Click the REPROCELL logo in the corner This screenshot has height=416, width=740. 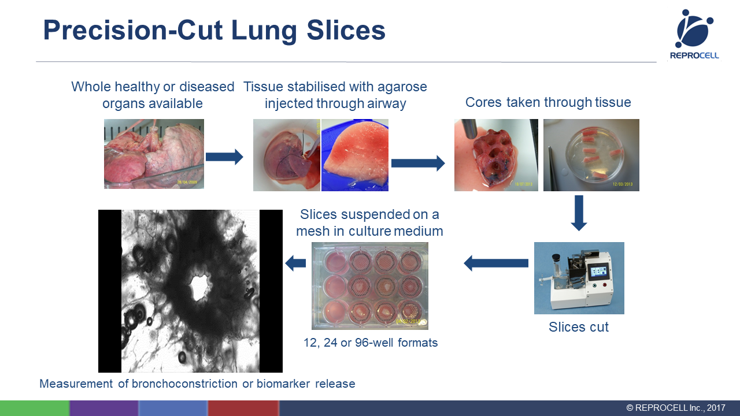tap(694, 34)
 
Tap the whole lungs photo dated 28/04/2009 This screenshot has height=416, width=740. tap(154, 154)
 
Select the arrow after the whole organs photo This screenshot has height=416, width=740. tap(224, 157)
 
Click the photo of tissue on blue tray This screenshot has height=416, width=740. tap(355, 155)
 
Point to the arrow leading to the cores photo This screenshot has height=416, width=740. tap(418, 163)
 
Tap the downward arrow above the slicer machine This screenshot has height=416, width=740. tap(579, 213)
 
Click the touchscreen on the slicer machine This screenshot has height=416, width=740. tap(598, 272)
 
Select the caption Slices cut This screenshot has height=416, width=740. tap(579, 327)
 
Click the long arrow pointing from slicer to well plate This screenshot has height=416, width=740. tap(496, 263)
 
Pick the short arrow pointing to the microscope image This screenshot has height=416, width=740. tap(295, 263)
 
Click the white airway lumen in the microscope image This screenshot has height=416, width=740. tap(199, 287)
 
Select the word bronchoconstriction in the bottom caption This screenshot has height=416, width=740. tap(184, 384)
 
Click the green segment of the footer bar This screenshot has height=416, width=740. tap(35, 408)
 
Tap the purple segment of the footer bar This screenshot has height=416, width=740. tap(103, 408)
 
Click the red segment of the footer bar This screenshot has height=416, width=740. tap(243, 408)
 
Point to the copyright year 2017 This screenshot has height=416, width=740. tap(716, 408)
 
